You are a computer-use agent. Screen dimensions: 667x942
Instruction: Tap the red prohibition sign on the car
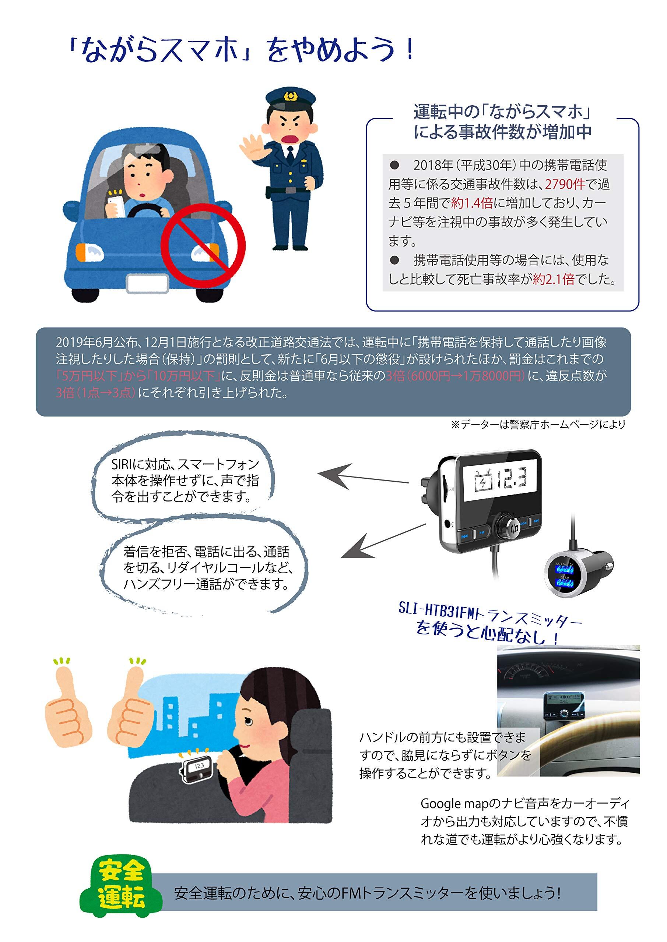pos(203,245)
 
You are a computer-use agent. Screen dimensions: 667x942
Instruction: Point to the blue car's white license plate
pos(147,283)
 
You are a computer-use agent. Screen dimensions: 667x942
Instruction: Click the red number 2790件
pos(565,184)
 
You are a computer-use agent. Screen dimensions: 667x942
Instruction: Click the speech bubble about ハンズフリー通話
pos(204,568)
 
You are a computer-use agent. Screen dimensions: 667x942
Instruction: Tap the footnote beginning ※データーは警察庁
pos(538,425)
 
